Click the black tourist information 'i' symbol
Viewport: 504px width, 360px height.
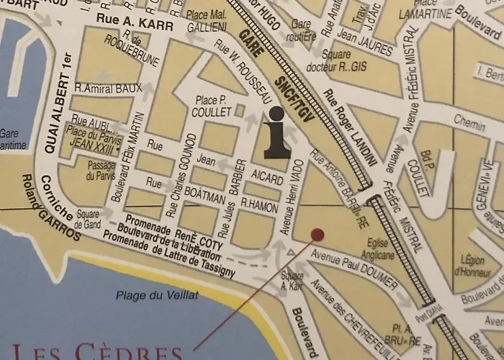(276, 132)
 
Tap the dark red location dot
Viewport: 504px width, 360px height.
(317, 234)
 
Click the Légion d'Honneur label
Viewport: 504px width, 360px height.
(472, 266)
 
